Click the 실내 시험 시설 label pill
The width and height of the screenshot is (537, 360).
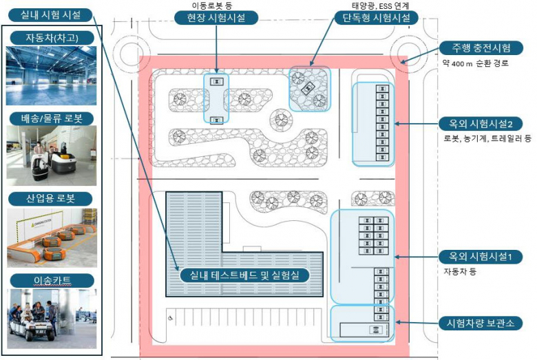(50, 15)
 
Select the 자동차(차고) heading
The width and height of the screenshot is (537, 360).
(52, 38)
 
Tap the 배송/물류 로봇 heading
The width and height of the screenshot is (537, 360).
(52, 118)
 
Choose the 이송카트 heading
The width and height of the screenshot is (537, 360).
(52, 281)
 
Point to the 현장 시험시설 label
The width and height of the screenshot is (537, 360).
(216, 18)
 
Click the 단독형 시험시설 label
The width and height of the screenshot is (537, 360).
(376, 18)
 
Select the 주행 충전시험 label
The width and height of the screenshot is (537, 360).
(481, 48)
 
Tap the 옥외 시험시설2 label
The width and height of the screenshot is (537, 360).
(481, 124)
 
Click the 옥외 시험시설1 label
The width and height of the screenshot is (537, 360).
(481, 257)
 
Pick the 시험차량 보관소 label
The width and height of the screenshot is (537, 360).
(481, 323)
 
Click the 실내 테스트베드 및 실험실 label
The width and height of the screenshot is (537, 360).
(244, 275)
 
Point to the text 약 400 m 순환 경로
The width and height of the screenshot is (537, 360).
(475, 64)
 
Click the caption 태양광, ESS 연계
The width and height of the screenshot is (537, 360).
(381, 6)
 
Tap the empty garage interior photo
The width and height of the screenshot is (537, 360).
(52, 76)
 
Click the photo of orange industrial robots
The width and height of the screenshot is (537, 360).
(52, 237)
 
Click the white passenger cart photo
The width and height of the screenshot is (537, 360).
(52, 319)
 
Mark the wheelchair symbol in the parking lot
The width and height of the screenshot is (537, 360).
(170, 318)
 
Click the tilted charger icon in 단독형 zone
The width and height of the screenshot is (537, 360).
(307, 87)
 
